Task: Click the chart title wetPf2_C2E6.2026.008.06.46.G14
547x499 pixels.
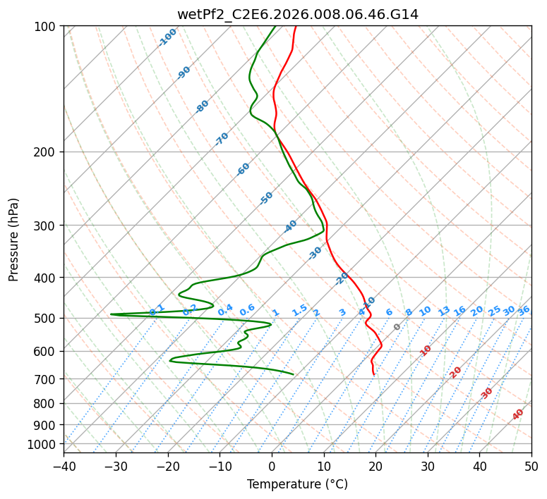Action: [x=298, y=15]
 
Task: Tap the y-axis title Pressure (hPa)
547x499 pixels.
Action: [x=13, y=240]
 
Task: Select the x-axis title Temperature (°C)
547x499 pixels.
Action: [x=298, y=484]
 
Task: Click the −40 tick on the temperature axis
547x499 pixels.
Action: [x=64, y=467]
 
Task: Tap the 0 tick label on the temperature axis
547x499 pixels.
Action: [x=272, y=467]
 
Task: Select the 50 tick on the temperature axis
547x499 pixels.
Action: [x=531, y=467]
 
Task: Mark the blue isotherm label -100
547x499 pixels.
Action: [x=167, y=37]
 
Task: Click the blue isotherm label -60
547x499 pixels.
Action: [x=243, y=169]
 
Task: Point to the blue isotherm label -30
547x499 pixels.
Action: [x=315, y=253]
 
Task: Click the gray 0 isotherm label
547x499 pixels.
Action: [x=397, y=327]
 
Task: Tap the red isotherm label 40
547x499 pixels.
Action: [x=518, y=414]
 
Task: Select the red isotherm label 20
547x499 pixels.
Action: [x=455, y=373]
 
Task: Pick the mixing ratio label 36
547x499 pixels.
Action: [x=524, y=311]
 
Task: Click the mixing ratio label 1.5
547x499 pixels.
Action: [x=300, y=310]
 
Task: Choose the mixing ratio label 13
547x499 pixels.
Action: [x=444, y=311]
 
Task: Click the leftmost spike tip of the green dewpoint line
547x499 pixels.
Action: [x=111, y=314]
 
